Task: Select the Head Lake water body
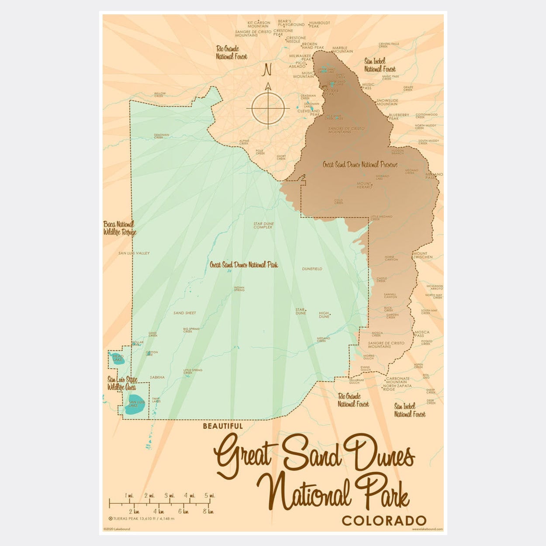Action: point(117,358)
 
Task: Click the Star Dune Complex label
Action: point(264,225)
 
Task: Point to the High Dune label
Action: point(324,315)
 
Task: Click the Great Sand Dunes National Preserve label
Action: point(360,165)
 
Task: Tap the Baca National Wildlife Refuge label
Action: point(120,228)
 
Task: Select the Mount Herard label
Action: point(365,185)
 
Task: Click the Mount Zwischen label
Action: point(422,255)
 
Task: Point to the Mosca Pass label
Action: point(422,334)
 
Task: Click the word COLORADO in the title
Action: point(384,521)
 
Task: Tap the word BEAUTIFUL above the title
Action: point(223,426)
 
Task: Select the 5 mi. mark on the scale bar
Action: point(211,496)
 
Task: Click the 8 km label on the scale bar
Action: point(208,511)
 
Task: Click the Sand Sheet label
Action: point(184,313)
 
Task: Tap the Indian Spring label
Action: point(239,289)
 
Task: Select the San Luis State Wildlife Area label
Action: point(122,384)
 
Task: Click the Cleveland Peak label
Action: point(308,113)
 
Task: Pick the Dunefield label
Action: point(312,269)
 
